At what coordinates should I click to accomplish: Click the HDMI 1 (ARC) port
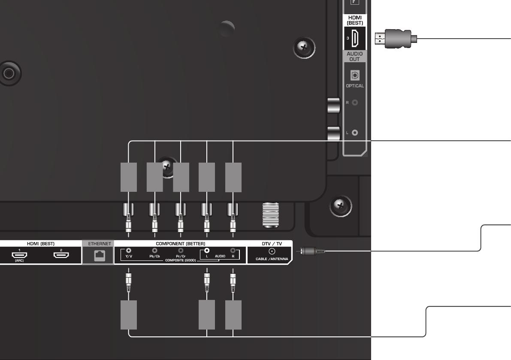click(x=19, y=254)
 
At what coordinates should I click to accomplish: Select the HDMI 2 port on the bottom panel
click(x=61, y=255)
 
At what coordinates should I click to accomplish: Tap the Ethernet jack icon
click(x=98, y=255)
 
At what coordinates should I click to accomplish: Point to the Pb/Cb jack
click(x=154, y=250)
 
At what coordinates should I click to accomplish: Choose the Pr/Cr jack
click(x=181, y=250)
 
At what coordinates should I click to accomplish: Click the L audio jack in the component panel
click(x=207, y=250)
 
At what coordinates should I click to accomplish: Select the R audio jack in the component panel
click(x=233, y=250)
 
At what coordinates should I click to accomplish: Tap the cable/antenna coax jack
click(x=271, y=251)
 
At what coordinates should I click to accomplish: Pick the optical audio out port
click(x=355, y=75)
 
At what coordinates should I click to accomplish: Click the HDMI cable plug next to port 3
click(x=394, y=38)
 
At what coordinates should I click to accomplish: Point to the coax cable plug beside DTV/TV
click(x=312, y=250)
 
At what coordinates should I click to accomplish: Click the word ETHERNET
click(x=98, y=243)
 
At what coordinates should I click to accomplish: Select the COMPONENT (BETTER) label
click(x=180, y=243)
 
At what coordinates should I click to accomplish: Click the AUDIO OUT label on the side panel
click(x=354, y=56)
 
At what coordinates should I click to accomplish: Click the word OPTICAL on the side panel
click(x=355, y=86)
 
